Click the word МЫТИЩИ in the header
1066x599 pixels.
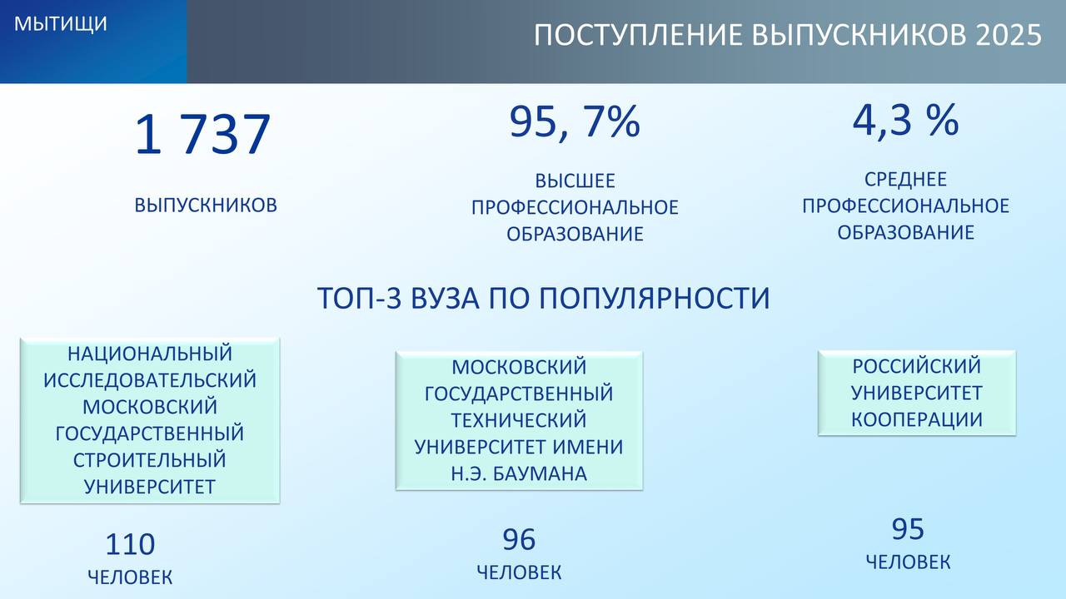(61, 24)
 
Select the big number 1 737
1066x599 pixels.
(202, 135)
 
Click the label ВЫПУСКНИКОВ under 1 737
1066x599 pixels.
(206, 205)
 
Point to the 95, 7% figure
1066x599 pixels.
(575, 122)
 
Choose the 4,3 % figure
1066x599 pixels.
(905, 121)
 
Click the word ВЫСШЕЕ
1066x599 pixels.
(575, 181)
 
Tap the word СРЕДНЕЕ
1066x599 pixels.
(905, 179)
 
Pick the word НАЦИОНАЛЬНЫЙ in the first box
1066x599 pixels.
(150, 354)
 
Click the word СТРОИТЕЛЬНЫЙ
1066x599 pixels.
(150, 460)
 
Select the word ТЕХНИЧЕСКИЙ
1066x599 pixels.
(519, 420)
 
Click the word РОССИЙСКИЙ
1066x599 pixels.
(917, 366)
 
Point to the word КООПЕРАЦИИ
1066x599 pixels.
(917, 420)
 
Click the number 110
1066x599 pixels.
(130, 544)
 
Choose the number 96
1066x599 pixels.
(519, 540)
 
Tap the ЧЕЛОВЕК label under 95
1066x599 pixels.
(908, 562)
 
